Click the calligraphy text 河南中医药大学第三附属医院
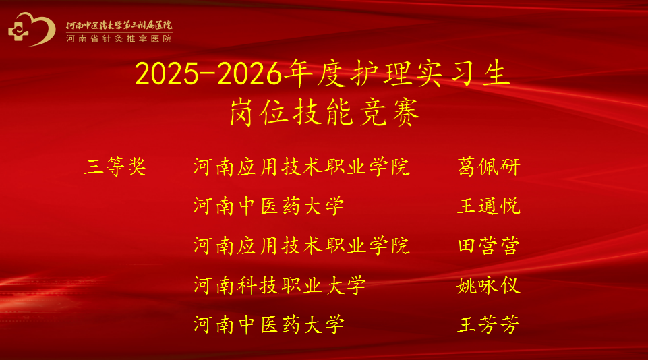[119, 25]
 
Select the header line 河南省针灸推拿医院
[119, 39]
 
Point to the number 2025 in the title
[167, 74]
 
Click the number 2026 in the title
[249, 74]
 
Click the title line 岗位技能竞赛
[325, 113]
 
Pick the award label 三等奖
[115, 167]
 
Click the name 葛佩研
[488, 167]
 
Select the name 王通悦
[488, 206]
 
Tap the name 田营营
[488, 245]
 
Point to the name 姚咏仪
[488, 285]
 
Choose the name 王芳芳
[488, 324]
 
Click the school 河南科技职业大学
[280, 285]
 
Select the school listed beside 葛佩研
[301, 167]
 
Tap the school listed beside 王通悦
[268, 206]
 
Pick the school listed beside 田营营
[301, 245]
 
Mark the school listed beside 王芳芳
[268, 324]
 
